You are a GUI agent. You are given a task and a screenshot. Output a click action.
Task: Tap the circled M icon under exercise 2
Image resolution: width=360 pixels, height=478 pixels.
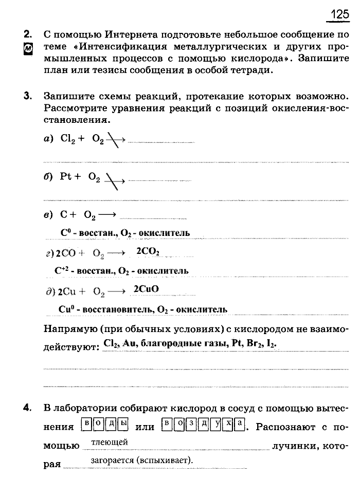click(28, 49)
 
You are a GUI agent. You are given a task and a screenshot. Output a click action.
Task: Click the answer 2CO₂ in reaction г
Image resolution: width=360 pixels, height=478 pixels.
click(148, 251)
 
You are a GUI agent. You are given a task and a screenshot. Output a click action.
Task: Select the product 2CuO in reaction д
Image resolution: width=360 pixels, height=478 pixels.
click(146, 289)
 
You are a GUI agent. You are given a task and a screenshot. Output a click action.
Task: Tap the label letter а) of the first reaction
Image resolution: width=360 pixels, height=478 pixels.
click(49, 139)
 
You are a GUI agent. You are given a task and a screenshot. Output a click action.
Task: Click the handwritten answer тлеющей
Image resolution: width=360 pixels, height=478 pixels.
click(109, 442)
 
